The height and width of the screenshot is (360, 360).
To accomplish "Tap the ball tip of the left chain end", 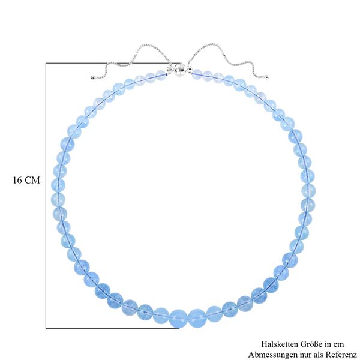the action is click(x=92, y=77).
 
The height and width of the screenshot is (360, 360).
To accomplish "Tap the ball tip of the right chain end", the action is click(x=266, y=77).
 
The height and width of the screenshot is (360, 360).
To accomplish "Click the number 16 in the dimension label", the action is click(x=17, y=180).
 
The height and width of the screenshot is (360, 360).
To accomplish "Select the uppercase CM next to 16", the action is click(x=32, y=180).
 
